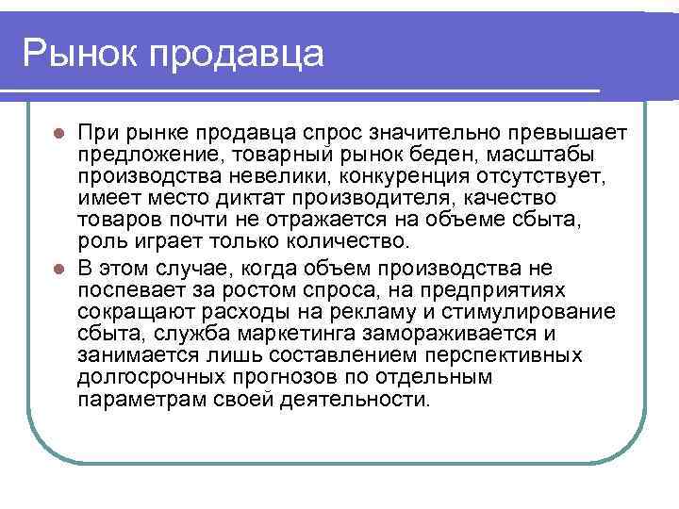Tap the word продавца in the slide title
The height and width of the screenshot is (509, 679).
point(231,55)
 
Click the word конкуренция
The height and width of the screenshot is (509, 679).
point(425,177)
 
